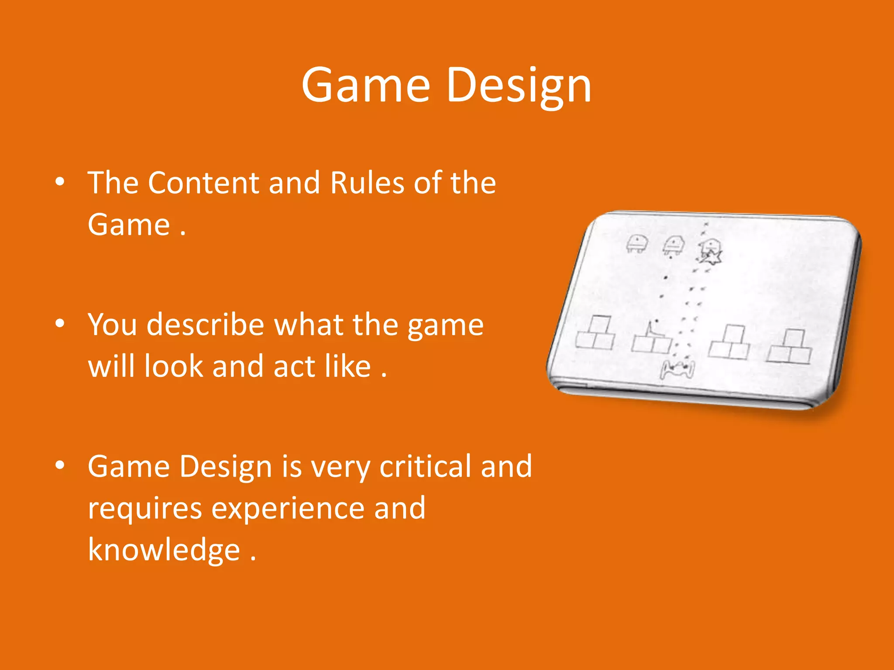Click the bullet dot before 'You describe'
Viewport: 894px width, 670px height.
coord(60,324)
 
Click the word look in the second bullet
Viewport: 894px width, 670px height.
coord(173,366)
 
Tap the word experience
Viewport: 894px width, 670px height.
coord(288,509)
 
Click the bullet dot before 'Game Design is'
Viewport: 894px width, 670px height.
coord(60,465)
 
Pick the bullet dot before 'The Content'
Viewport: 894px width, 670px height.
coord(60,181)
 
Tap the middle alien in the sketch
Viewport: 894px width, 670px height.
coord(674,245)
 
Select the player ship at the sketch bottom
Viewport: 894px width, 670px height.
coord(677,370)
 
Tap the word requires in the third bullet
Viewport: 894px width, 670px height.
coord(144,509)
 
